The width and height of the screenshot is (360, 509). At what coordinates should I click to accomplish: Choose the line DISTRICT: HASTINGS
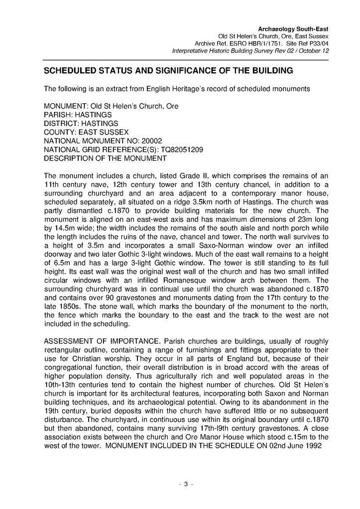pos(81,123)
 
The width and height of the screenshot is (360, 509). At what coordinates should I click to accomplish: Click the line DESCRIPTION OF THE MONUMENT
pos(105,158)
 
